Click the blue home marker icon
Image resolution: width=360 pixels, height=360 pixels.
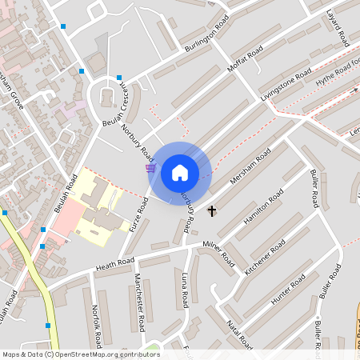(180, 173)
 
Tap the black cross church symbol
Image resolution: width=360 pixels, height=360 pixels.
(212, 211)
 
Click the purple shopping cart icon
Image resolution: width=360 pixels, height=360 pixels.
(150, 168)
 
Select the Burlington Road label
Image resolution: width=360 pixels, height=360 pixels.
(206, 34)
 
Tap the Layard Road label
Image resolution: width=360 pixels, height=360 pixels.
(336, 26)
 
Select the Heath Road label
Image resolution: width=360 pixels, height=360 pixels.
(114, 263)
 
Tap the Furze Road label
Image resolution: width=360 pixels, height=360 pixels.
(139, 214)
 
